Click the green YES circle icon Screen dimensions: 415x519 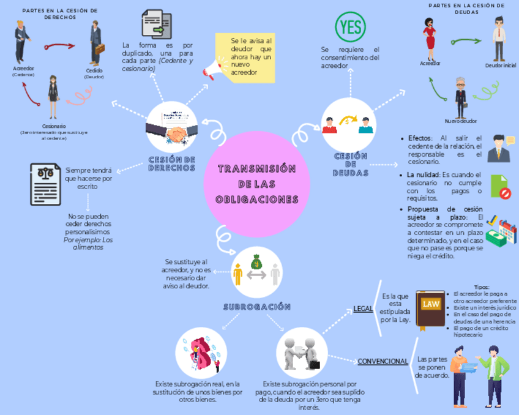(351, 27)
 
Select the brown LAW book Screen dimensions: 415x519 (430, 308)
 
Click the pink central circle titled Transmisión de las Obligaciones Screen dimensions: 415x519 (257, 184)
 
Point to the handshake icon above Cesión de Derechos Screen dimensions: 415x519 (172, 129)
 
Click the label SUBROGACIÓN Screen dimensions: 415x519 (257, 307)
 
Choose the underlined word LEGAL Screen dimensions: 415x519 (363, 308)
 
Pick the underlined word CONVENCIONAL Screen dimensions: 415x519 (383, 361)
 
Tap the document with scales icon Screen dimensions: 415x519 (45, 183)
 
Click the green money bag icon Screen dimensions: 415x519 (257, 262)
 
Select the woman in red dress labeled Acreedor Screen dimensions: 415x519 (430, 37)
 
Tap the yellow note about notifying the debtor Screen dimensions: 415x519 (245, 58)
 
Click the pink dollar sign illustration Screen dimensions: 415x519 (201, 354)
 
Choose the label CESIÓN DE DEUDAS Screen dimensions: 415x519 (351, 164)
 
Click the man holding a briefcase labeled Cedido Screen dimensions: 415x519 (96, 43)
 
